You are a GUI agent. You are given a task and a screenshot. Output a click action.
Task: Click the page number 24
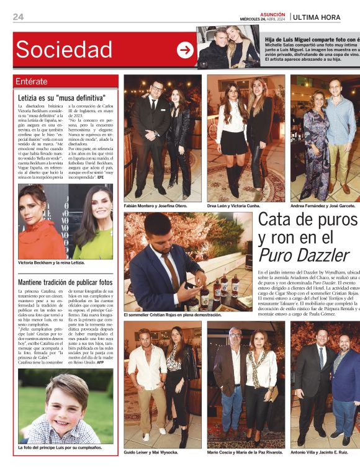coord(18,17)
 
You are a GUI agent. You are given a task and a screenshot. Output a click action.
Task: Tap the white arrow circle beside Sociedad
coord(185,50)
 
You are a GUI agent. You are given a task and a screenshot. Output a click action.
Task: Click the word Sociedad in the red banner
coord(64,50)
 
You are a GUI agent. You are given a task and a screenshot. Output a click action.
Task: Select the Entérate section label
coord(31,81)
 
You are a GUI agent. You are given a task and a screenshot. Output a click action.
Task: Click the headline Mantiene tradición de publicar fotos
coord(66,282)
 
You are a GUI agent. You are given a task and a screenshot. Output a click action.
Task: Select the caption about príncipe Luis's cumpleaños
coord(59,447)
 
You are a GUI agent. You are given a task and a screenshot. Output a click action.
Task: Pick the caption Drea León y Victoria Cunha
coord(241,205)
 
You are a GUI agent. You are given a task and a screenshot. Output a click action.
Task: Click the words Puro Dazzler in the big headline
coord(297,255)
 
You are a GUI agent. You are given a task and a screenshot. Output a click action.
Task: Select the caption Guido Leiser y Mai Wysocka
coord(151,452)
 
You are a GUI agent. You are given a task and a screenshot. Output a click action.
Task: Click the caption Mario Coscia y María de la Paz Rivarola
coord(245,452)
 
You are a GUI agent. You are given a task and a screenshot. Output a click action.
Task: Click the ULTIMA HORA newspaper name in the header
coord(317,17)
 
